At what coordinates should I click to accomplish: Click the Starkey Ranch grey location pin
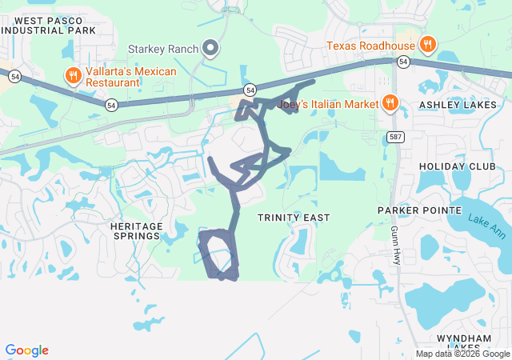click(x=211, y=50)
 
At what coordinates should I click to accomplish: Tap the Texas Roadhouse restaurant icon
click(x=428, y=45)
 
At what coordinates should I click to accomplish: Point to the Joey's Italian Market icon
click(x=390, y=102)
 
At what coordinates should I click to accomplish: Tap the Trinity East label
click(x=294, y=218)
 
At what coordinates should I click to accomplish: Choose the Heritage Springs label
click(x=136, y=232)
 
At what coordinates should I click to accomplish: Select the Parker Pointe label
click(x=420, y=210)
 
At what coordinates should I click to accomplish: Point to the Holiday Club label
click(x=452, y=166)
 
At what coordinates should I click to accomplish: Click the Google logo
click(x=27, y=350)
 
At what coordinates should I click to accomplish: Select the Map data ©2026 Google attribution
click(x=462, y=354)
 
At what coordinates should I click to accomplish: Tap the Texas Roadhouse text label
click(x=371, y=45)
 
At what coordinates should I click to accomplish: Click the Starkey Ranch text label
click(x=163, y=50)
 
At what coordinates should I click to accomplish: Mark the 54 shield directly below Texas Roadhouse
click(x=403, y=62)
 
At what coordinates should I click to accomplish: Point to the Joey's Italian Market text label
click(x=329, y=103)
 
